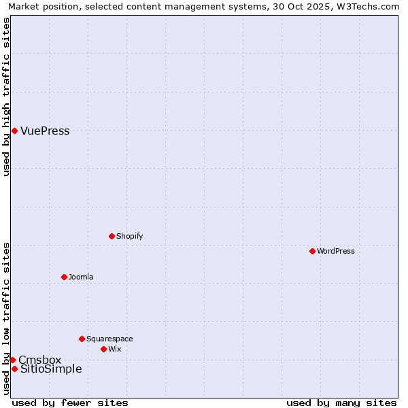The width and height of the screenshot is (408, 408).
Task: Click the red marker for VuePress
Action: [x=14, y=131]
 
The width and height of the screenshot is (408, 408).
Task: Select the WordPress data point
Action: [x=312, y=251]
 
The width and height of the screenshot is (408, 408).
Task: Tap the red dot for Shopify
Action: [x=112, y=236]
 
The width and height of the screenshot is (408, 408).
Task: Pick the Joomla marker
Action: [x=64, y=277]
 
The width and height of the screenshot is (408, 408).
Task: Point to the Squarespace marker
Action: [x=82, y=339]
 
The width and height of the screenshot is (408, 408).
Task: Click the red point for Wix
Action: [x=103, y=349]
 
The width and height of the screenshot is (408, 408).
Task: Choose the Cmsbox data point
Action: [x=12, y=360]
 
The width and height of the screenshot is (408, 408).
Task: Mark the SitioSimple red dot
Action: [x=14, y=369]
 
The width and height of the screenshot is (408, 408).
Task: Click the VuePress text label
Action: [x=45, y=131]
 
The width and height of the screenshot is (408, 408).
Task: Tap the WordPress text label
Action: [x=336, y=251]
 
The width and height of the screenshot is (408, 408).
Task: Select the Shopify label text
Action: [x=129, y=236]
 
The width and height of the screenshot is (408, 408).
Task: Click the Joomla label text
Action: [x=81, y=277]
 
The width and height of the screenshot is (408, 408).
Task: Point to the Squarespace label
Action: [x=109, y=339]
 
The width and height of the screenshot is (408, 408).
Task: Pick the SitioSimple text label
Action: [x=51, y=369]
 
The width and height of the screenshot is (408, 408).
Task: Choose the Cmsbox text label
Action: [x=39, y=360]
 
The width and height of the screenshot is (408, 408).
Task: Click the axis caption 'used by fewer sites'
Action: [x=70, y=403]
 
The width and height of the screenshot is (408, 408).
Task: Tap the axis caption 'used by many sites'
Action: [x=341, y=403]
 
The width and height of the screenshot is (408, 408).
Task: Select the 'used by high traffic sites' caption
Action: [x=7, y=97]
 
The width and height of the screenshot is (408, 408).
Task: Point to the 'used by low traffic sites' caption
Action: [x=7, y=318]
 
